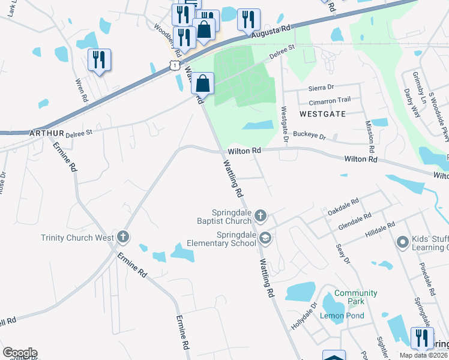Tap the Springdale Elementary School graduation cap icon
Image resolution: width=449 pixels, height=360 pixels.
point(265,239)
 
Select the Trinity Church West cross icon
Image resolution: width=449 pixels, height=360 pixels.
point(123,237)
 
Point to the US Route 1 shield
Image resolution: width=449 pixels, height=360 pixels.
point(174,65)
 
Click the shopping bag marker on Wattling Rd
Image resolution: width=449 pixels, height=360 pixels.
point(203,83)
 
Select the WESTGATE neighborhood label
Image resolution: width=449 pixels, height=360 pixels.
point(322,113)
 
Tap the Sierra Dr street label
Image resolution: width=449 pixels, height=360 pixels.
point(321,88)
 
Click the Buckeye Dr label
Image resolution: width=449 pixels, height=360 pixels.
point(310,136)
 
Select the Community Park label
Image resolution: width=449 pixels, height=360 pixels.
point(356,293)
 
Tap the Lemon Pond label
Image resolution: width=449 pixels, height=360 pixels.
point(340,316)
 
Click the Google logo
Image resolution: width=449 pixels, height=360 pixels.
point(20,353)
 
